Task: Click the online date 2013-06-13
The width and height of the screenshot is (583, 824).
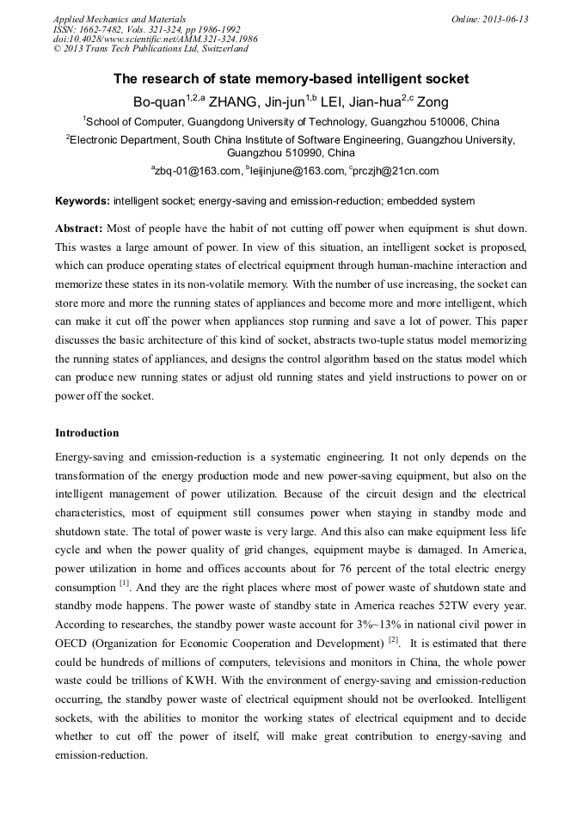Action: [x=506, y=19]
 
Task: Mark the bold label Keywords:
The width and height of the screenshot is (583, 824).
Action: [x=83, y=201]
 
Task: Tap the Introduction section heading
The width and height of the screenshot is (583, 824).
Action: [x=87, y=432]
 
